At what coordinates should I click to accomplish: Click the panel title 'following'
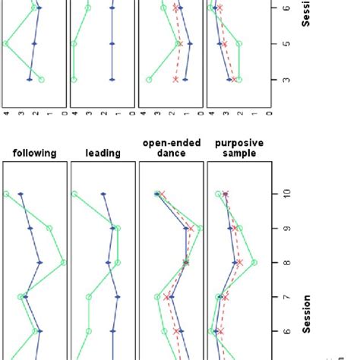tap(35, 153)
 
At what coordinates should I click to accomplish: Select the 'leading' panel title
tap(103, 153)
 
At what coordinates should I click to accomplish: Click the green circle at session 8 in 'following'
tap(64, 263)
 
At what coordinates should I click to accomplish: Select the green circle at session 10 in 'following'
tap(7, 194)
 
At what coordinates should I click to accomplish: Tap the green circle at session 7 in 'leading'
tap(89, 297)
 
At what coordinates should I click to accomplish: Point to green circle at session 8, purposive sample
tap(254, 263)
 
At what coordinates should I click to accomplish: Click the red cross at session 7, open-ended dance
tap(168, 297)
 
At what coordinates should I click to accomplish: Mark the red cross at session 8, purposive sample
tap(240, 263)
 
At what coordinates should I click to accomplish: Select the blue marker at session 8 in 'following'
tap(40, 263)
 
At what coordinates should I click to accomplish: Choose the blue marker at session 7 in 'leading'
tap(117, 297)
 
